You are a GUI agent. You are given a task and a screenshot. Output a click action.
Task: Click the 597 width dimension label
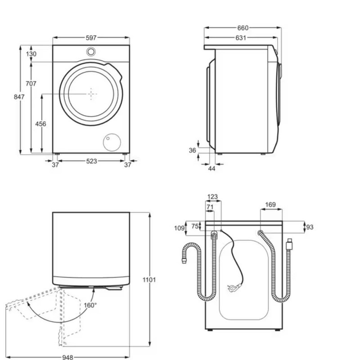[91, 38]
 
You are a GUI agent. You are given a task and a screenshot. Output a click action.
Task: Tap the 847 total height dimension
[19, 97]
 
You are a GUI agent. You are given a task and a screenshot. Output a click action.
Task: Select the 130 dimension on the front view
[31, 54]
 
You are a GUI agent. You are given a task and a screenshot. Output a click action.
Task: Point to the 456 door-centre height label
[40, 124]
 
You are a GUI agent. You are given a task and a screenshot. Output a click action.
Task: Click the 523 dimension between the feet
[92, 161]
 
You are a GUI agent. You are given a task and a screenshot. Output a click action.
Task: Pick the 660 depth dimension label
[243, 28]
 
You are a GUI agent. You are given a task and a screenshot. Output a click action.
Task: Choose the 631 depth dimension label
[241, 38]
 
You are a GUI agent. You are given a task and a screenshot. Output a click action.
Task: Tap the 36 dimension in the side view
[193, 150]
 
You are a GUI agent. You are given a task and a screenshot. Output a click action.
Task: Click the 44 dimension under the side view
[211, 169]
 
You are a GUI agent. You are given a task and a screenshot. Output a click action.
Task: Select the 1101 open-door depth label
[149, 280]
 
